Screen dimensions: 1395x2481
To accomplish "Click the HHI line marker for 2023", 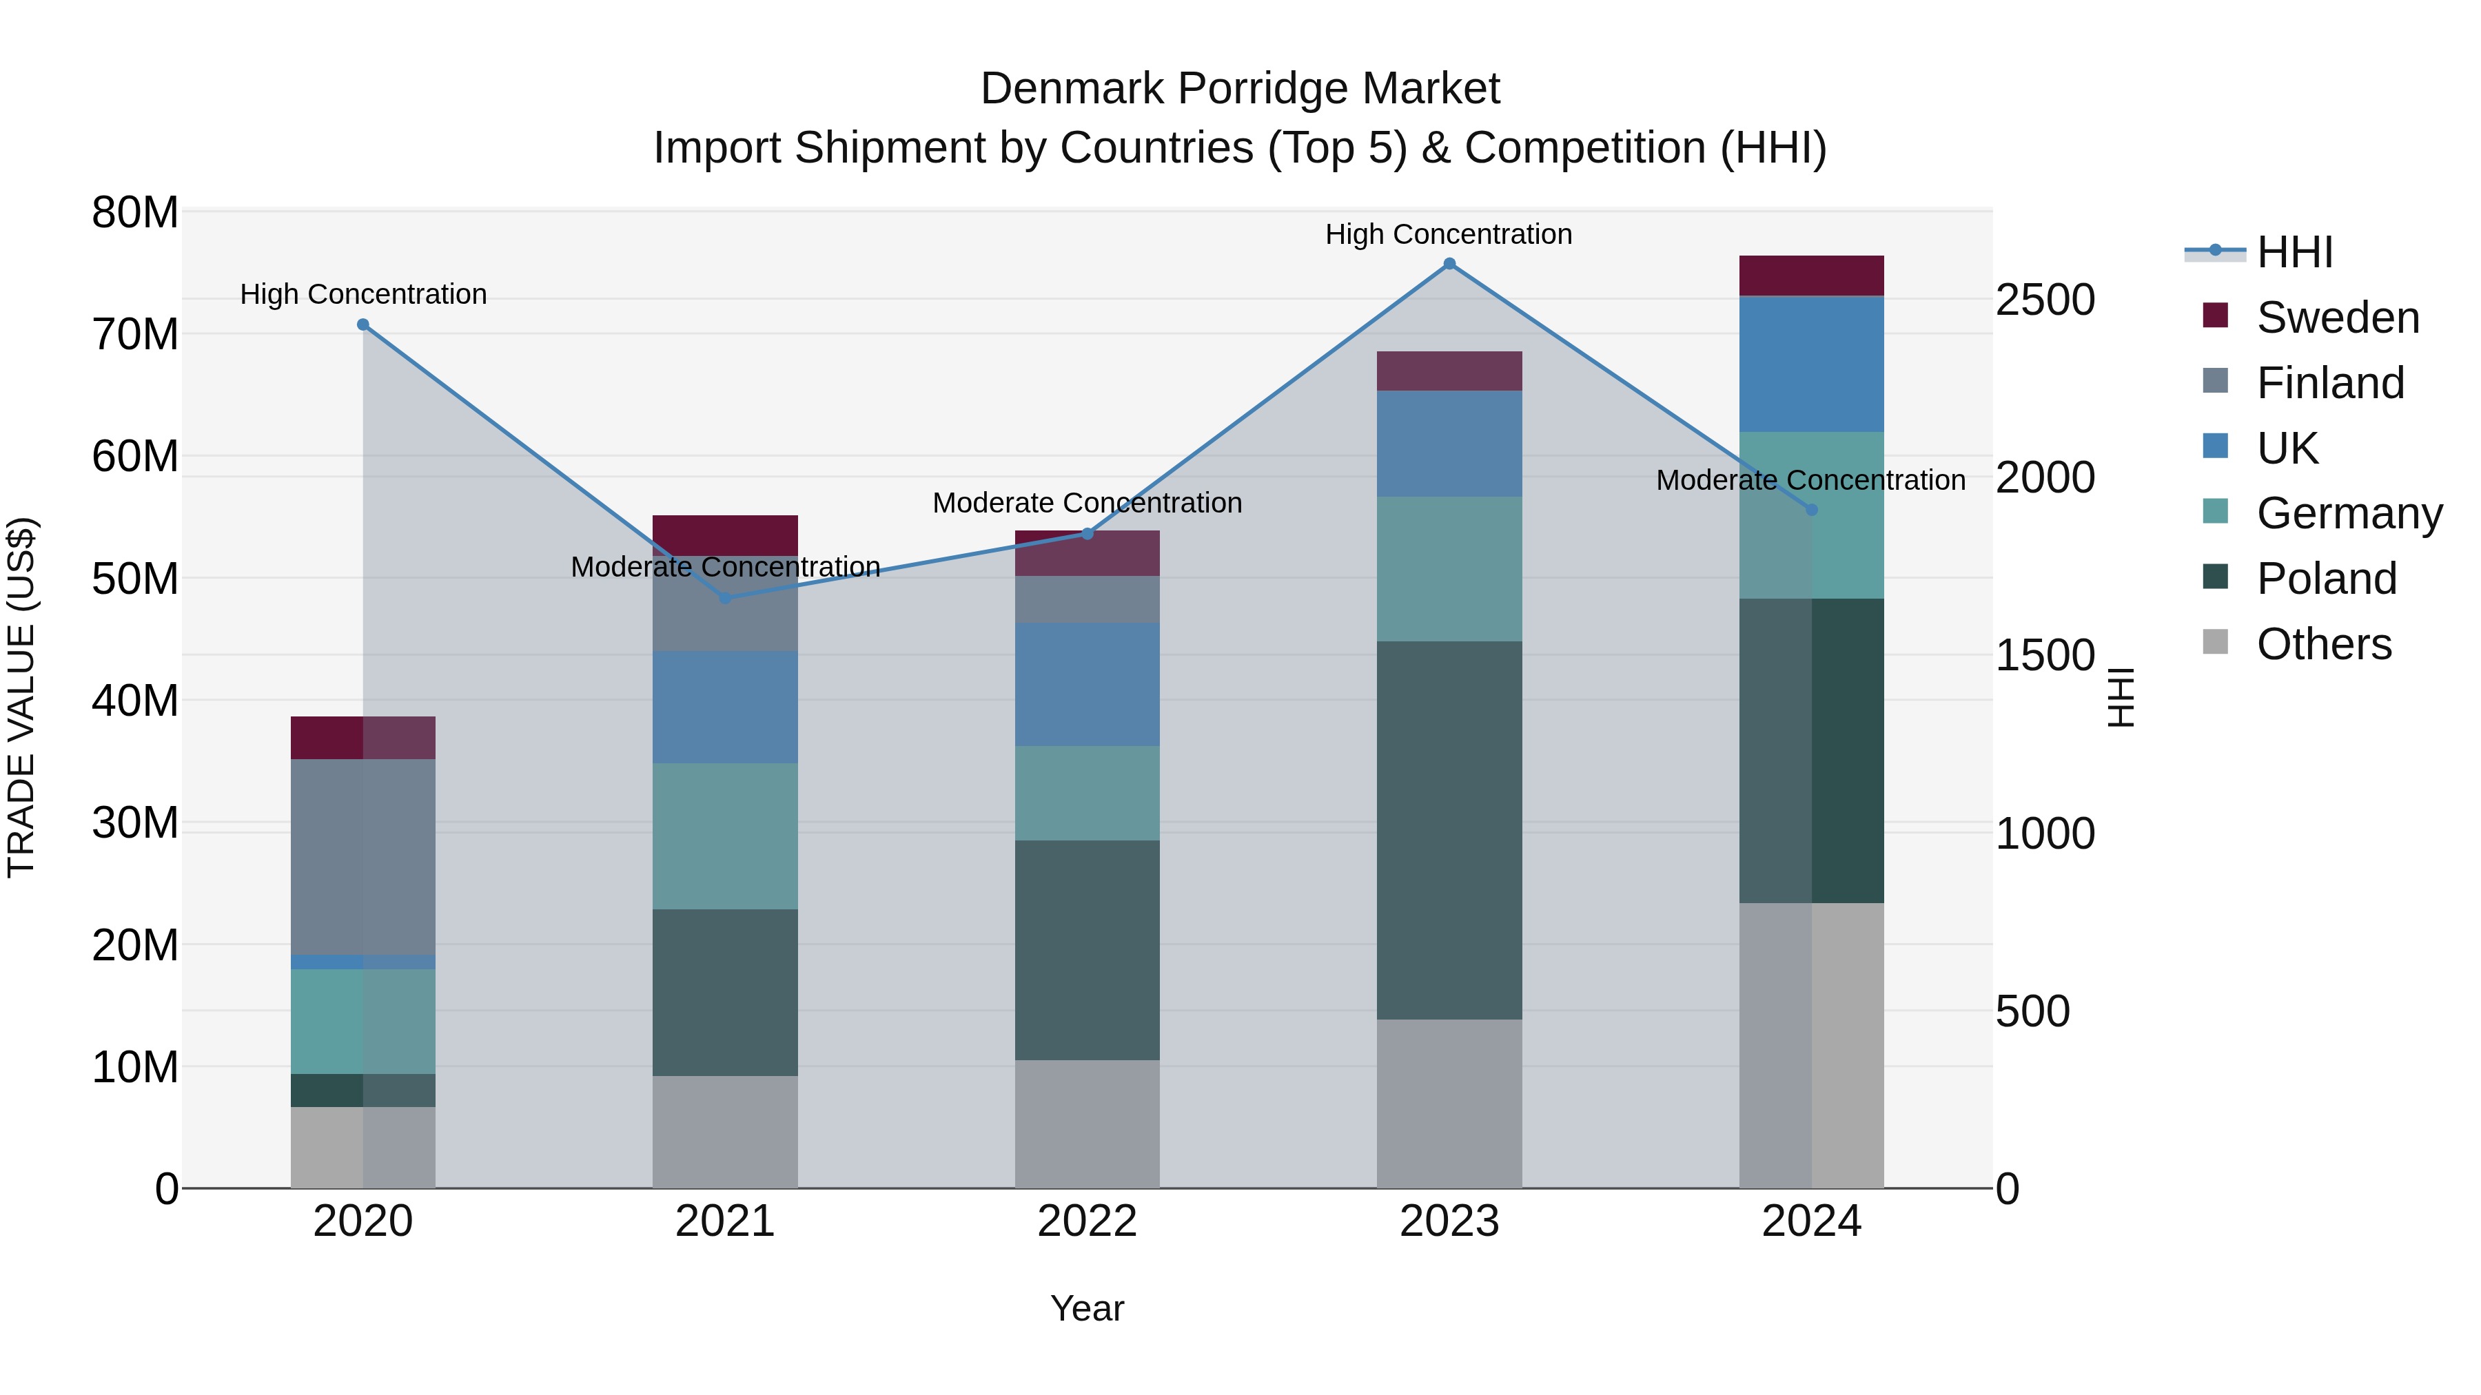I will click(x=1449, y=264).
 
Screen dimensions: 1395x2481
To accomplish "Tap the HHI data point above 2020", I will click(x=363, y=324).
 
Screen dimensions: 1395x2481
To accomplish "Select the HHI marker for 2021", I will click(x=725, y=598).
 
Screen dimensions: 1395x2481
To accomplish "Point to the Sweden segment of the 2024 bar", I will click(x=1810, y=276).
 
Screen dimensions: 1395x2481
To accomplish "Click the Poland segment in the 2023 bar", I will click(x=1449, y=830).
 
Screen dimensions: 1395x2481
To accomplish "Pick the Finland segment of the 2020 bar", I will click(x=363, y=857).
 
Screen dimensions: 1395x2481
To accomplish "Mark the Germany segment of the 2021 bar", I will click(x=725, y=836).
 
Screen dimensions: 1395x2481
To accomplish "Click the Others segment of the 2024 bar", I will click(x=1810, y=1044).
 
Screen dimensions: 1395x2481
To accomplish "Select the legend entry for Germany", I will click(x=2349, y=513).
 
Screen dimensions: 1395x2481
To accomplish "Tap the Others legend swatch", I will click(x=2215, y=642).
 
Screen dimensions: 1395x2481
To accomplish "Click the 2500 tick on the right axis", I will click(x=2045, y=300).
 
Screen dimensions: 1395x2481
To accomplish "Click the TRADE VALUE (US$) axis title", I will click(x=21, y=697).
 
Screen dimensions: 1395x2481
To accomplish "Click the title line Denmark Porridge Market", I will click(x=1240, y=89).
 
